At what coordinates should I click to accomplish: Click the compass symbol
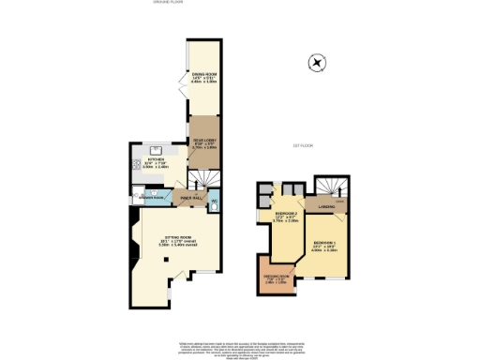coord(318,64)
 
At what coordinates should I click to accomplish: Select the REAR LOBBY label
coord(203,142)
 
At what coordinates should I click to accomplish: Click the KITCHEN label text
coord(156,160)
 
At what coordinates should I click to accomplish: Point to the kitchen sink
coord(156,149)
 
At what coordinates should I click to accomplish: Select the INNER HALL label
coord(192,198)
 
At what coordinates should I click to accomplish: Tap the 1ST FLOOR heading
coord(302,145)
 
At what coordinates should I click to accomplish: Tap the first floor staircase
coord(327,188)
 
